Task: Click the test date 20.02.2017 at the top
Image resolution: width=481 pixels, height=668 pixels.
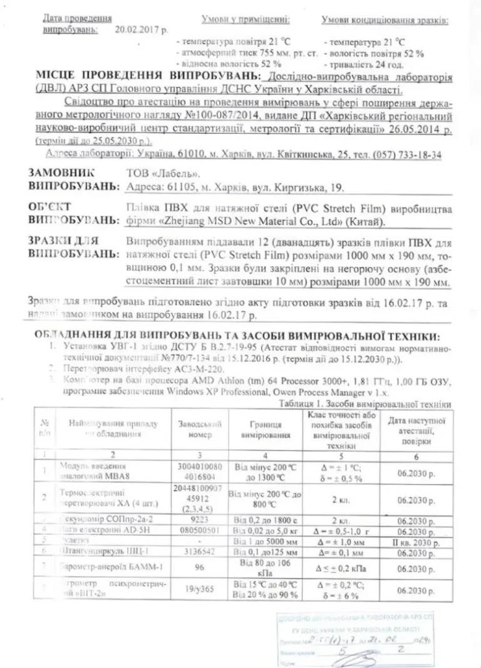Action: tap(142, 29)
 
